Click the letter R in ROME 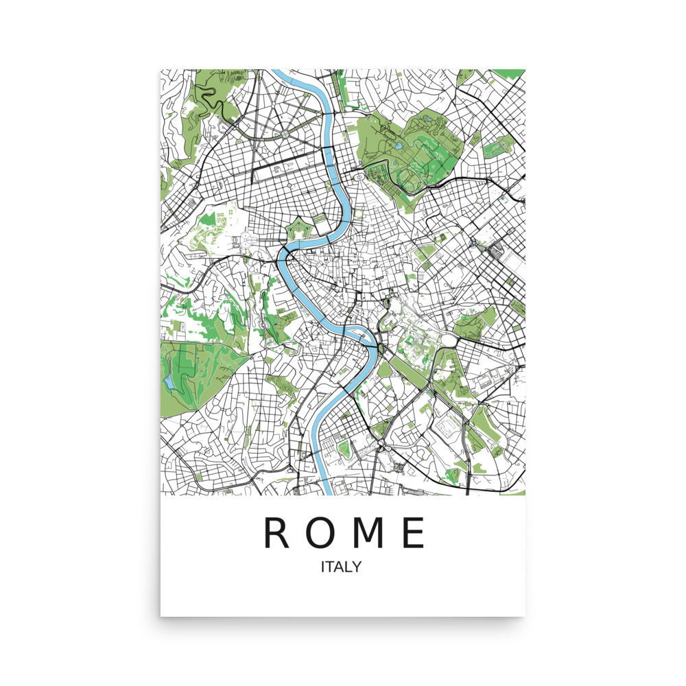tap(278, 533)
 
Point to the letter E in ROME tap(414, 533)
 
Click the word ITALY tap(341, 567)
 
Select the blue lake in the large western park tap(169, 380)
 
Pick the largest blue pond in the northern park tap(399, 146)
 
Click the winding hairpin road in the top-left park tap(221, 103)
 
